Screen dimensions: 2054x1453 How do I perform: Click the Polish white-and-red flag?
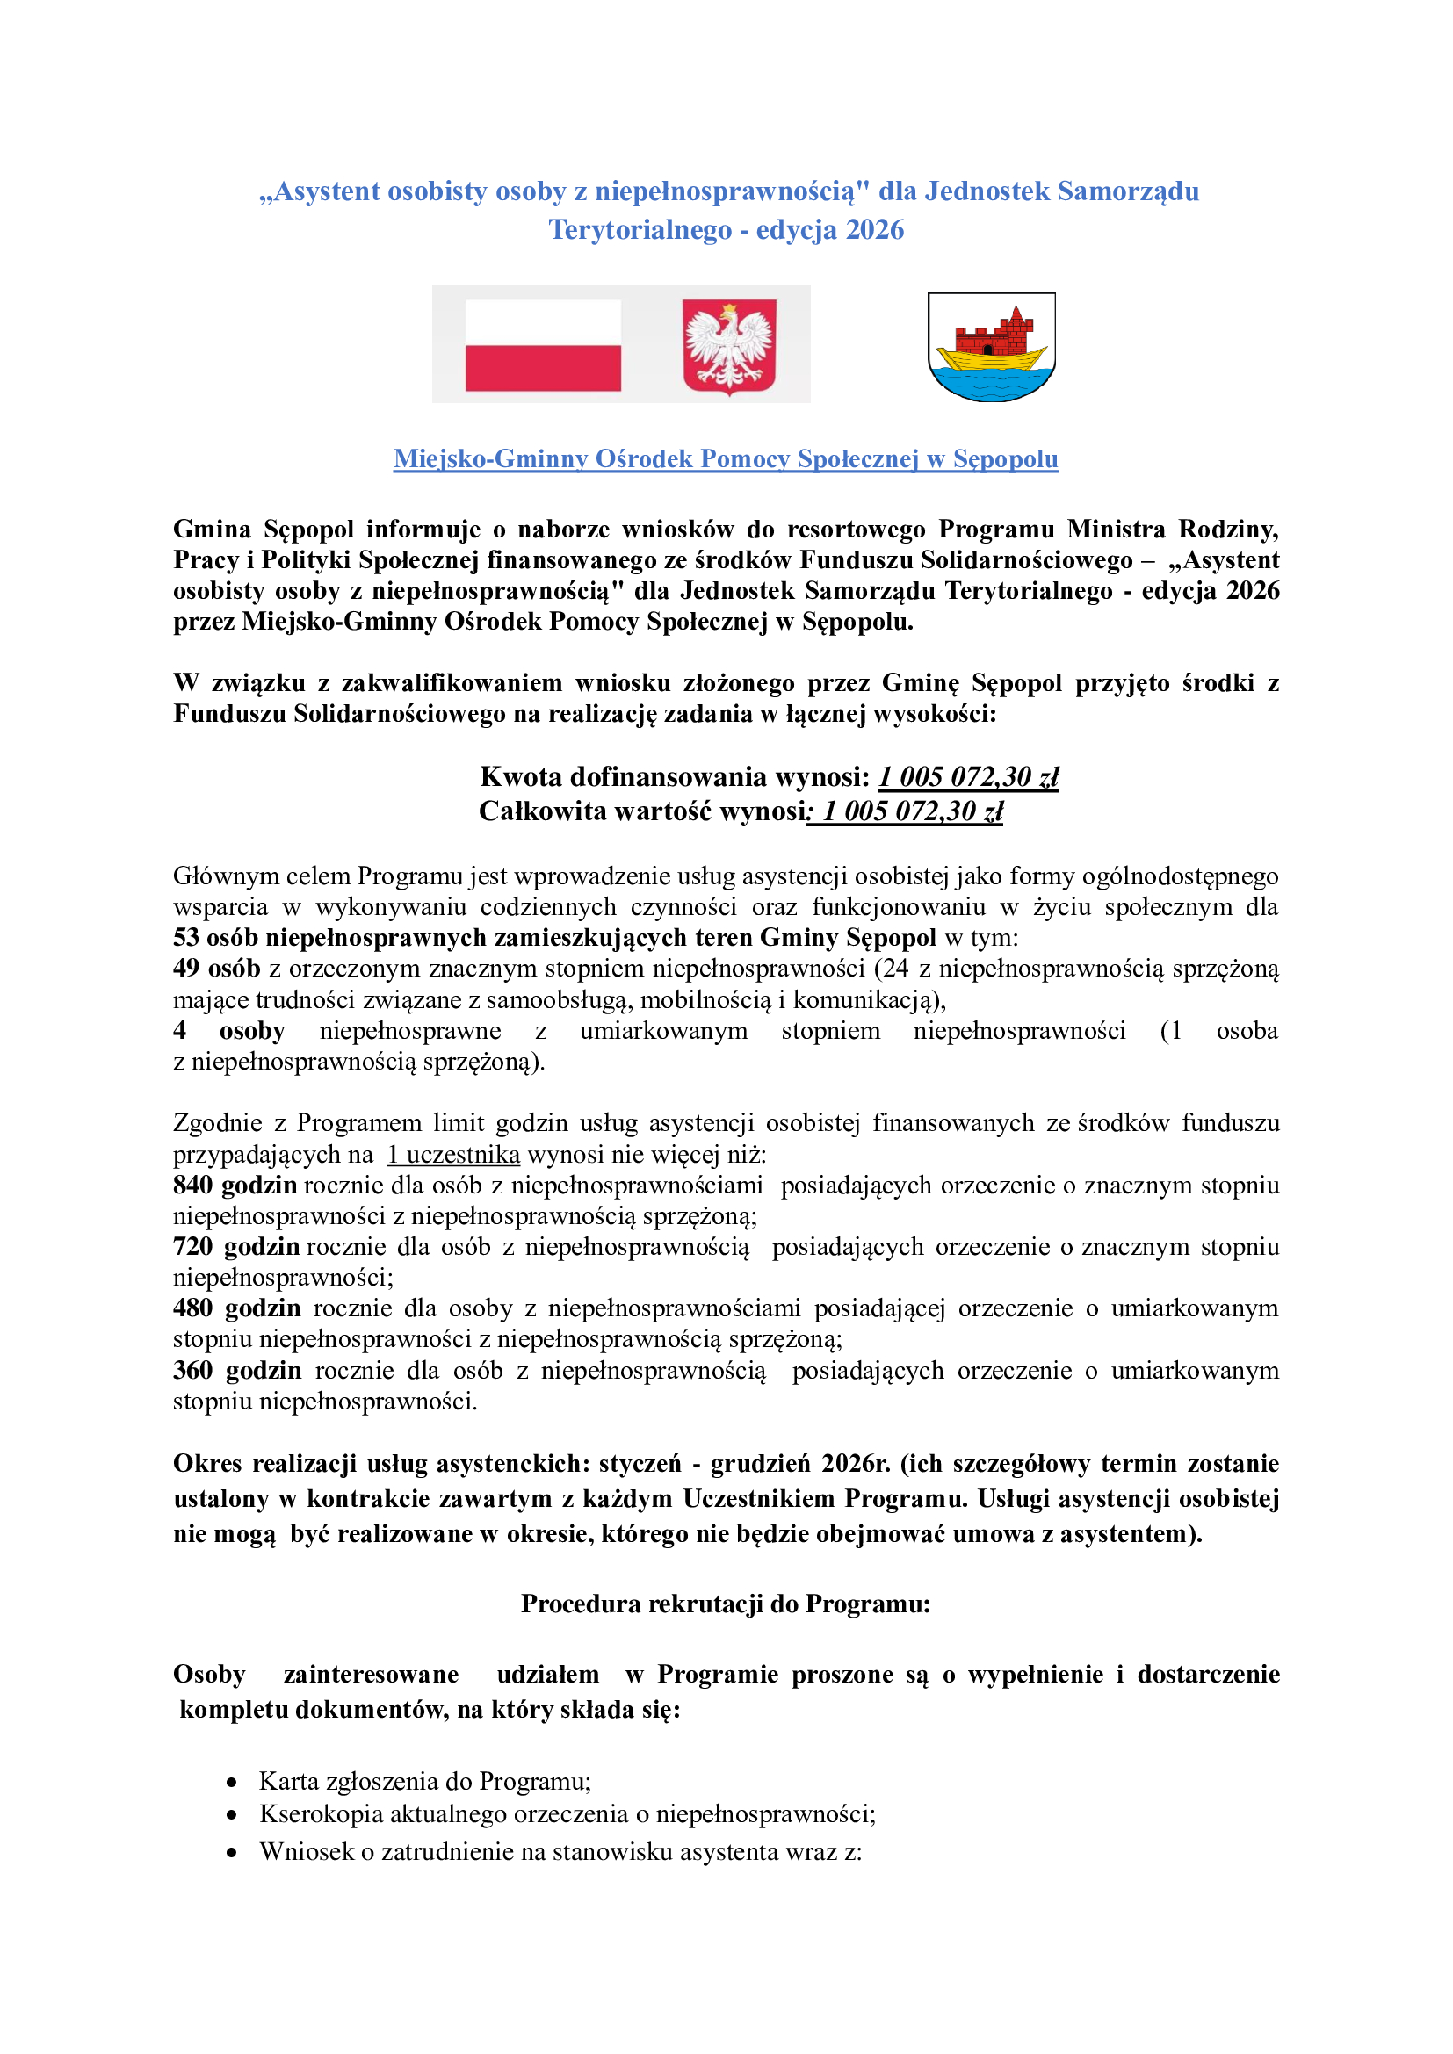coord(542,344)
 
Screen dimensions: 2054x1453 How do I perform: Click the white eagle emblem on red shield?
coord(729,346)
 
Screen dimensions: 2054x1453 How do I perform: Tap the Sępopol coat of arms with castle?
coord(991,347)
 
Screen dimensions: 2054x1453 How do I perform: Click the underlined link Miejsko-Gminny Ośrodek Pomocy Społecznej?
coord(726,458)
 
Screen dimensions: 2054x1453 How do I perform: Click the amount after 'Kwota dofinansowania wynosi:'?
coord(968,776)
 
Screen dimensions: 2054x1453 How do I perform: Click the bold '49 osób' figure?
coord(216,968)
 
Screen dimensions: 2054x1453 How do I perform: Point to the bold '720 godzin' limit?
coord(236,1246)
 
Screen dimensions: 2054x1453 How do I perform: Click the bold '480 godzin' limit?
coord(236,1308)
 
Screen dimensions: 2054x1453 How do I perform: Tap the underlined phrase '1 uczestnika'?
coord(452,1154)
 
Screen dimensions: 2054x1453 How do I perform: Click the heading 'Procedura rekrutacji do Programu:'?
coord(726,1604)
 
